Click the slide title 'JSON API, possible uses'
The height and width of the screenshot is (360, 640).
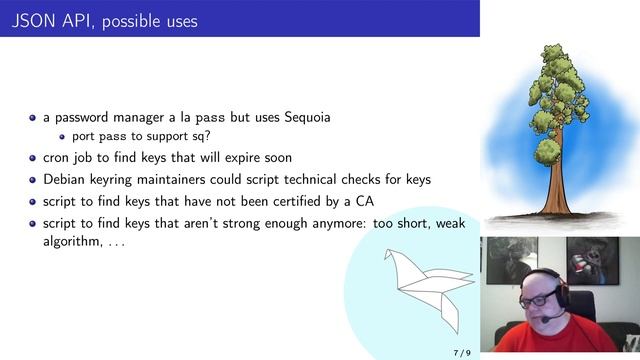[104, 20]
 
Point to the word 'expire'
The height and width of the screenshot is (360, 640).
[242, 158]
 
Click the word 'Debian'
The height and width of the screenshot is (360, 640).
[65, 180]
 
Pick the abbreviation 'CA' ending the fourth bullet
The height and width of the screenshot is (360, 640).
[364, 201]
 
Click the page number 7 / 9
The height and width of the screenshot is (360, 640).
[461, 352]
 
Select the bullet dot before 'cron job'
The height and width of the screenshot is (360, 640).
[32, 158]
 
